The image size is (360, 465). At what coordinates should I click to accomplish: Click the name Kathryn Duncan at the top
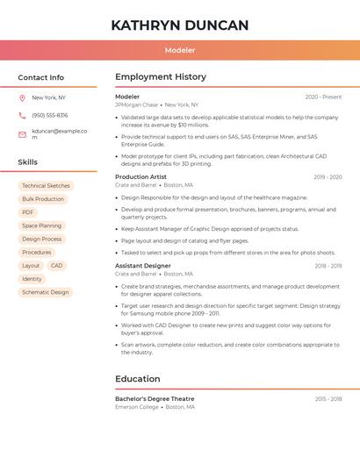point(180,25)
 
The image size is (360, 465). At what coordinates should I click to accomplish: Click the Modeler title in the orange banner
point(180,50)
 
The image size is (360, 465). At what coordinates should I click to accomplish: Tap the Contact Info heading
point(41,77)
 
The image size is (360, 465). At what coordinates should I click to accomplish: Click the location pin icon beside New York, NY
point(22,97)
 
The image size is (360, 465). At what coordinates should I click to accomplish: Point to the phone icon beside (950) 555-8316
point(22,115)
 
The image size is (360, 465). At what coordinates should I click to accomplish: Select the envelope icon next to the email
point(22,133)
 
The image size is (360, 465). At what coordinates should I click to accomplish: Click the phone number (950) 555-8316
point(50,115)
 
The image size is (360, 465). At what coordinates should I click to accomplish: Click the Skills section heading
point(28,162)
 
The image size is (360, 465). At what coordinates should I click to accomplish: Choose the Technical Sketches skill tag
point(46,186)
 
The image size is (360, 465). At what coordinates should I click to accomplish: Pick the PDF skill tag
point(28,212)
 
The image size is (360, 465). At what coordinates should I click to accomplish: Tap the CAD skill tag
point(56,266)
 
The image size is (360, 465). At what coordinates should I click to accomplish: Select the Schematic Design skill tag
point(45,292)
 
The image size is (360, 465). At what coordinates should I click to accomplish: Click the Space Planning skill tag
point(42,225)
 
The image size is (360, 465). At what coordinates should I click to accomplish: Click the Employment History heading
point(161,77)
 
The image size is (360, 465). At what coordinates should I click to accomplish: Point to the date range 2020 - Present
point(323,97)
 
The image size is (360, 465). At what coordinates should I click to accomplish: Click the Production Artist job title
point(140,177)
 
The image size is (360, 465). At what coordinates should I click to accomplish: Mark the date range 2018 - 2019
point(328,266)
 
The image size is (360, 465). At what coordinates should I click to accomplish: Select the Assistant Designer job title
point(143,266)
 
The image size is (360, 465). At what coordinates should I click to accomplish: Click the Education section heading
point(138,379)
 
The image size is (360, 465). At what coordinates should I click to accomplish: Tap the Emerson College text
point(137,407)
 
